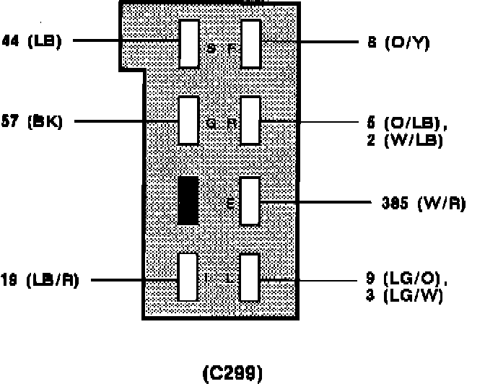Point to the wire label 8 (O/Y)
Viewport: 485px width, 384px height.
(397, 43)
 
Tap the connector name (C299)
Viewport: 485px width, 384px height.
(232, 373)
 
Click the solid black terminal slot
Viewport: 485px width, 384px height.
(188, 200)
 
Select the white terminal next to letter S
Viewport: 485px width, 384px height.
(189, 43)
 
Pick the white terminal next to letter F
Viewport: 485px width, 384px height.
(250, 43)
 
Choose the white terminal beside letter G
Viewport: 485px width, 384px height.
(189, 121)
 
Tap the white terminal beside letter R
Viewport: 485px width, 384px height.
(250, 121)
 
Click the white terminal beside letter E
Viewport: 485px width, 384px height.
(250, 201)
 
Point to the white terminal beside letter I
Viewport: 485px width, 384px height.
(188, 276)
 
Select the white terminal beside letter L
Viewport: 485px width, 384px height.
(250, 276)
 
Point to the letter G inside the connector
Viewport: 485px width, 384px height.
(211, 123)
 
